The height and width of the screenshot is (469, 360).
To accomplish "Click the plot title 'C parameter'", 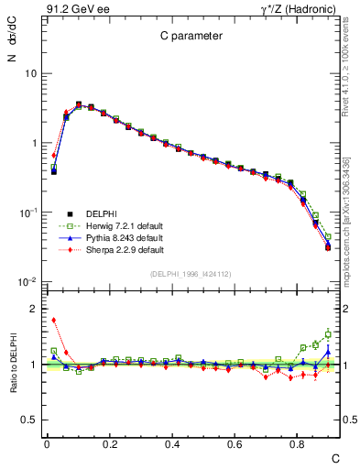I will point(183,37).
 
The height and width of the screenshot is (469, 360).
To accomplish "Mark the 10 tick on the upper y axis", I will point(30,73).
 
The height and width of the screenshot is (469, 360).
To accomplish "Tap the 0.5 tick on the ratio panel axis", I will point(30,420).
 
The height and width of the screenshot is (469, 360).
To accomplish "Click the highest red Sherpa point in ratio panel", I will point(54,320).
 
